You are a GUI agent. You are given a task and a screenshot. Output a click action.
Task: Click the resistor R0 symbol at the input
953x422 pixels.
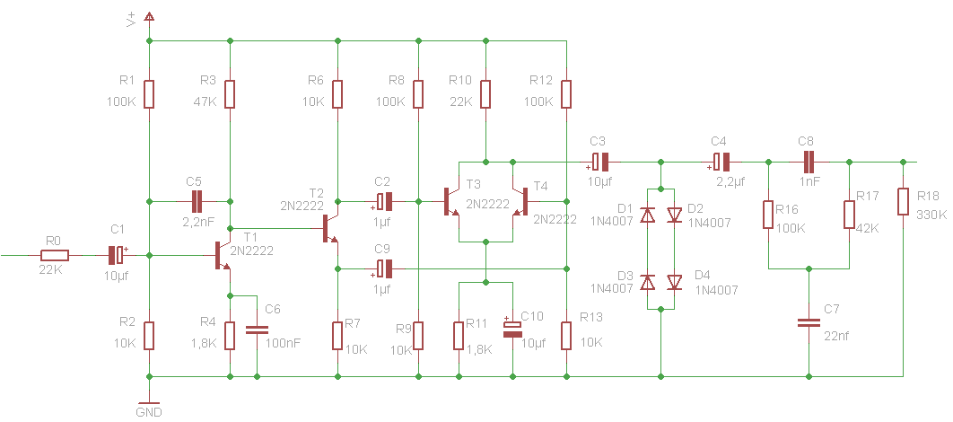(56, 255)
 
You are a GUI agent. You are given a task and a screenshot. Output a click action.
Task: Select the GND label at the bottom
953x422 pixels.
(148, 412)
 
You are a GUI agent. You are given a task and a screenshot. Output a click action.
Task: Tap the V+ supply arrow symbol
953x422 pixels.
(149, 17)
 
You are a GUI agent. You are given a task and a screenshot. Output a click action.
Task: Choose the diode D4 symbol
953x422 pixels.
(675, 283)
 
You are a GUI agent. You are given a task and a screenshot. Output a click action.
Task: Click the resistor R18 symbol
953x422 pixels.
(903, 202)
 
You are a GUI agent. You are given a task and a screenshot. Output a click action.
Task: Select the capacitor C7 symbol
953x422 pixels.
(809, 322)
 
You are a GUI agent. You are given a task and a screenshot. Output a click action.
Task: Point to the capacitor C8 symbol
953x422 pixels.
(809, 163)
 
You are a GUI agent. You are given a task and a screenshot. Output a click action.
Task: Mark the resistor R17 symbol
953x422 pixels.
(848, 215)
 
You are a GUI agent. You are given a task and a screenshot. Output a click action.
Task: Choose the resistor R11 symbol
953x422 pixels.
(459, 335)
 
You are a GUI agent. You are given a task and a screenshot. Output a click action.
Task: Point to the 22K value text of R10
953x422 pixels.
(460, 101)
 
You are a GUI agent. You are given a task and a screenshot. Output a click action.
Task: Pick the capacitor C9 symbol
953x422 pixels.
(384, 268)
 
